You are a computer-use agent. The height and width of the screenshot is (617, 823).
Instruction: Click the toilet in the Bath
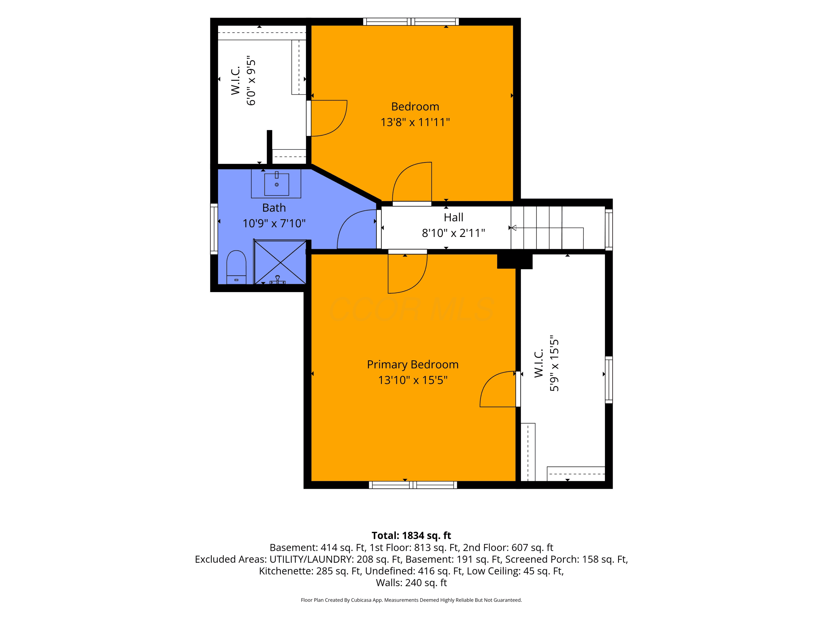(x=236, y=267)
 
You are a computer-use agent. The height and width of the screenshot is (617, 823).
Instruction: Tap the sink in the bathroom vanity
(x=277, y=184)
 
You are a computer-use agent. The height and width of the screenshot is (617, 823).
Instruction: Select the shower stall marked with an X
(x=280, y=262)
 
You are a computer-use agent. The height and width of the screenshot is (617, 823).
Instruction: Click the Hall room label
(x=453, y=217)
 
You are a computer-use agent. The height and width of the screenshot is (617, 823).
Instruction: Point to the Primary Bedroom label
(x=413, y=364)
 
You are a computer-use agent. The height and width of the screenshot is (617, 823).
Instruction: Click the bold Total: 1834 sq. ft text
(x=411, y=536)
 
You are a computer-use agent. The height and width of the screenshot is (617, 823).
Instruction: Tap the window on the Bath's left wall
(x=214, y=229)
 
